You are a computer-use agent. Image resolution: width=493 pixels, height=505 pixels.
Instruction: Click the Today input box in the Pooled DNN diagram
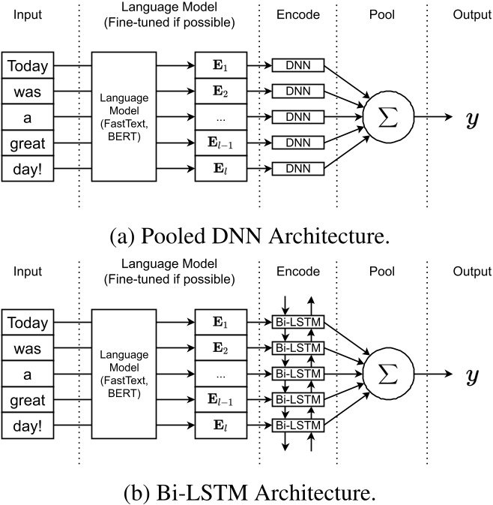(29, 67)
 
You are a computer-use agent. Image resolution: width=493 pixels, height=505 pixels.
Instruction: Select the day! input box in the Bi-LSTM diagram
(29, 425)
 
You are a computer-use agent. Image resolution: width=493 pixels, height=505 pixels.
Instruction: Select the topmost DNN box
(297, 67)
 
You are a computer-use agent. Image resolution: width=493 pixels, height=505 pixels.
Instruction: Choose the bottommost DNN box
(297, 168)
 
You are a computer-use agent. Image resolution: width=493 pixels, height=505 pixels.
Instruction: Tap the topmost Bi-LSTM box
(297, 323)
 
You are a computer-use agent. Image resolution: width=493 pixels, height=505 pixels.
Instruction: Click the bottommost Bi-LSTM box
(297, 425)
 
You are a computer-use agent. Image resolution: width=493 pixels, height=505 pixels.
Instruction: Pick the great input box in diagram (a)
(29, 143)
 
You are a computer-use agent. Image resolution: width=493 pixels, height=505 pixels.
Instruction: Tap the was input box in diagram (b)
(29, 349)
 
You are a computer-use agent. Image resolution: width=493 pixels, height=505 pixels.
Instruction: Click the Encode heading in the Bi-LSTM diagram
(297, 272)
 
